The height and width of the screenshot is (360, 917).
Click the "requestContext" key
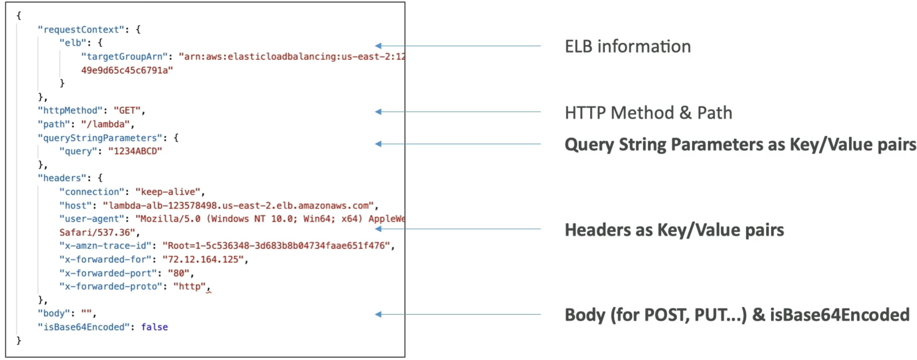pyautogui.click(x=81, y=29)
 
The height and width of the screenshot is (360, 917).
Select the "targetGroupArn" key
pyautogui.click(x=124, y=57)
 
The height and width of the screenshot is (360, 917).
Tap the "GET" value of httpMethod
pyautogui.click(x=127, y=111)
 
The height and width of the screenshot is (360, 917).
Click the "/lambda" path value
pyautogui.click(x=105, y=124)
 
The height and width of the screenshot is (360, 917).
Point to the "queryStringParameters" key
pyautogui.click(x=100, y=138)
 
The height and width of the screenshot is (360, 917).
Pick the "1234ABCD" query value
pyautogui.click(x=135, y=151)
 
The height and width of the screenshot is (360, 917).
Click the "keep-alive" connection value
pyautogui.click(x=168, y=192)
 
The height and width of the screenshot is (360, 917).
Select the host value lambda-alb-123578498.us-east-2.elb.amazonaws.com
pyautogui.click(x=238, y=205)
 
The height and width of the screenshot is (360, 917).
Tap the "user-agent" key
pyautogui.click(x=92, y=219)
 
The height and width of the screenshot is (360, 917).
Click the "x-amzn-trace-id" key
pyautogui.click(x=105, y=246)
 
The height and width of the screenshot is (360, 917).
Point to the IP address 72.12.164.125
pyautogui.click(x=203, y=259)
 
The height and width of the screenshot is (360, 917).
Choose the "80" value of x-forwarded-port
pyautogui.click(x=179, y=273)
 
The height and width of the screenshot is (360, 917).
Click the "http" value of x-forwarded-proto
pyautogui.click(x=190, y=286)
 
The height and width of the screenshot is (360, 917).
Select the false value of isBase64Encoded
pyautogui.click(x=154, y=327)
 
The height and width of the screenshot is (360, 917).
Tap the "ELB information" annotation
pyautogui.click(x=628, y=46)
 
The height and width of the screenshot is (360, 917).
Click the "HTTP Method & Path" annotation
pyautogui.click(x=648, y=113)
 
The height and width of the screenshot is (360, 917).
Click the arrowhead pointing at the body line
pyautogui.click(x=378, y=314)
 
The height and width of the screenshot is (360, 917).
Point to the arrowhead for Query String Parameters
pyautogui.click(x=378, y=144)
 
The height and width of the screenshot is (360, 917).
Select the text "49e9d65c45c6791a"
pyautogui.click(x=127, y=70)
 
